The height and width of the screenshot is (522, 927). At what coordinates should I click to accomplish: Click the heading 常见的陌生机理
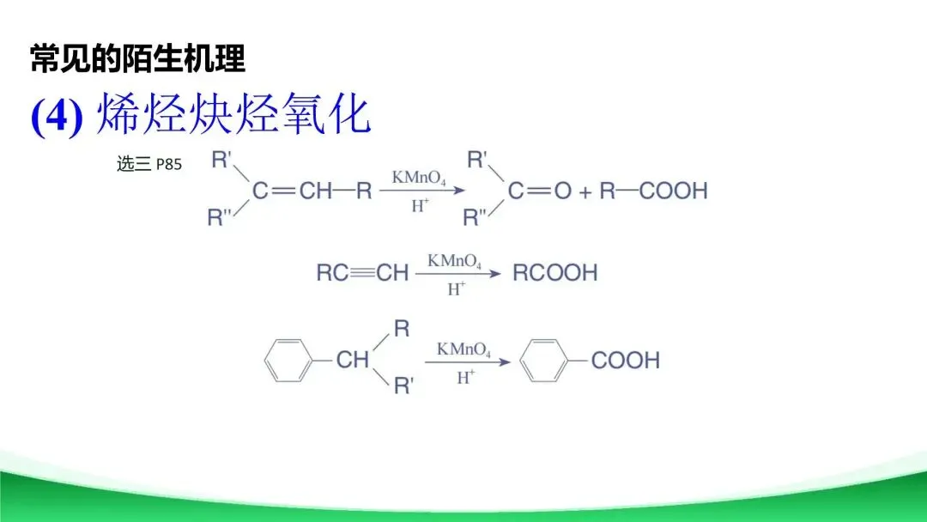pos(138,59)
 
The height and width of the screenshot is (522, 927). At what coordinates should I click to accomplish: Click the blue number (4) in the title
pos(57,116)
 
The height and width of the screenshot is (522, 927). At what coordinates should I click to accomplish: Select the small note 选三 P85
pos(148,164)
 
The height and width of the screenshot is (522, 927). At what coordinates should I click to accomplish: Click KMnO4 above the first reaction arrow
pos(418,178)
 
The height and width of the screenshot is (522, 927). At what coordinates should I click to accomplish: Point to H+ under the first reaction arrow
pos(420,206)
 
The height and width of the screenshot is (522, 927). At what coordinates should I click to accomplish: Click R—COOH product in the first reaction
pos(653,191)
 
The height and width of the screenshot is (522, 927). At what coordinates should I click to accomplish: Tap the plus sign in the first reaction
pos(585,191)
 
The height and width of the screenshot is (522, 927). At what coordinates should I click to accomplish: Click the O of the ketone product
pos(562,191)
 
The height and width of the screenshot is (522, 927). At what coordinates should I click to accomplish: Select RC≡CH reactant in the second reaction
pos(362,273)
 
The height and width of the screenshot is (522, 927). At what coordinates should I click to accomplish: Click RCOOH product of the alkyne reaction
pos(554,273)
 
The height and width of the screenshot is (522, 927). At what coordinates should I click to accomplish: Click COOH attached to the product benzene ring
pos(626,360)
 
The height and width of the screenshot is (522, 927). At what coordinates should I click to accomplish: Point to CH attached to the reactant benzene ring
pos(352,360)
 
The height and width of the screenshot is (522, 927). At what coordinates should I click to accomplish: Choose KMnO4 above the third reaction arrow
pos(463,349)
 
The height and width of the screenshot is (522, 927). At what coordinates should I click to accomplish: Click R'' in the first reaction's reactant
pos(221,218)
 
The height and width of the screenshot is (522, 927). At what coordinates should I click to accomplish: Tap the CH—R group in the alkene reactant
pos(336,191)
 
